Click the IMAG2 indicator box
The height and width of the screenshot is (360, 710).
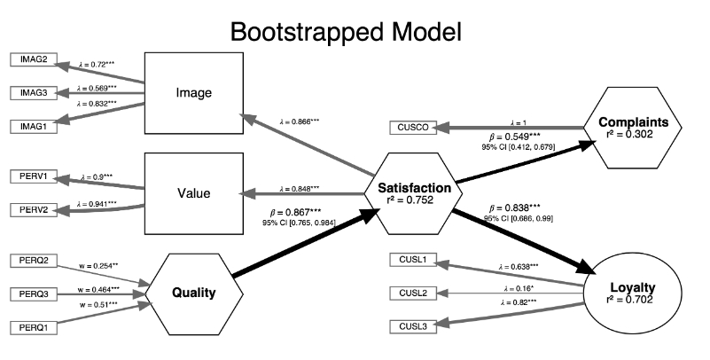click(x=34, y=59)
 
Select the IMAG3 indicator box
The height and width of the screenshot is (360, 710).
click(x=34, y=93)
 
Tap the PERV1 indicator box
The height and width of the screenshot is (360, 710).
click(x=34, y=178)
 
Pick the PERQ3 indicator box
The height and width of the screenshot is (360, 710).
click(x=34, y=293)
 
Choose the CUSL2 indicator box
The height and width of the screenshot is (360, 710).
click(x=412, y=293)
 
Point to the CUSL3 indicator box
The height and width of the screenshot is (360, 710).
click(x=412, y=327)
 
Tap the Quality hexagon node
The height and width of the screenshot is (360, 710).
click(x=191, y=293)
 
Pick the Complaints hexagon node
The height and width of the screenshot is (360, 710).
click(x=632, y=128)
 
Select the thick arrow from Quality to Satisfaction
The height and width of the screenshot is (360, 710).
click(x=301, y=249)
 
